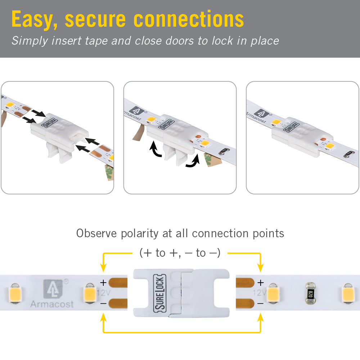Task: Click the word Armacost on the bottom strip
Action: pos(52,304)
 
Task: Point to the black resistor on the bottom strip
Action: pos(309,293)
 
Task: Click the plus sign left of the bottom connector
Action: pos(103,283)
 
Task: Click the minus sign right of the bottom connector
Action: pos(260,303)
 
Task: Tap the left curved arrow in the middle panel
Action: pos(156,150)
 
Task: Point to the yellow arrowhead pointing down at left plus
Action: pos(103,268)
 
